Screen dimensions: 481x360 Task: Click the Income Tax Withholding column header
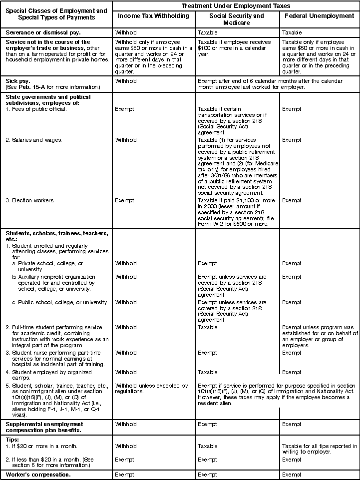coord(153,16)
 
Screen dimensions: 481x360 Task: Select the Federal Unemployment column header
coord(319,16)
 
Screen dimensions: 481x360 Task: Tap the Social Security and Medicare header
coord(236,19)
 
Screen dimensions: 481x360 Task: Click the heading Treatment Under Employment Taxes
coord(236,5)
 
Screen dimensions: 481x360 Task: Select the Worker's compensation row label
coord(38,474)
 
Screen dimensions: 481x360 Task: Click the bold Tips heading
coord(12,439)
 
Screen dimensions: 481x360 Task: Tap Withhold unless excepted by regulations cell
coord(151,389)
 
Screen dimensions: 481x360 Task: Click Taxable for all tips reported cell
coord(320,449)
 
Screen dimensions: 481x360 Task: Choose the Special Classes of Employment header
coord(56,13)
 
